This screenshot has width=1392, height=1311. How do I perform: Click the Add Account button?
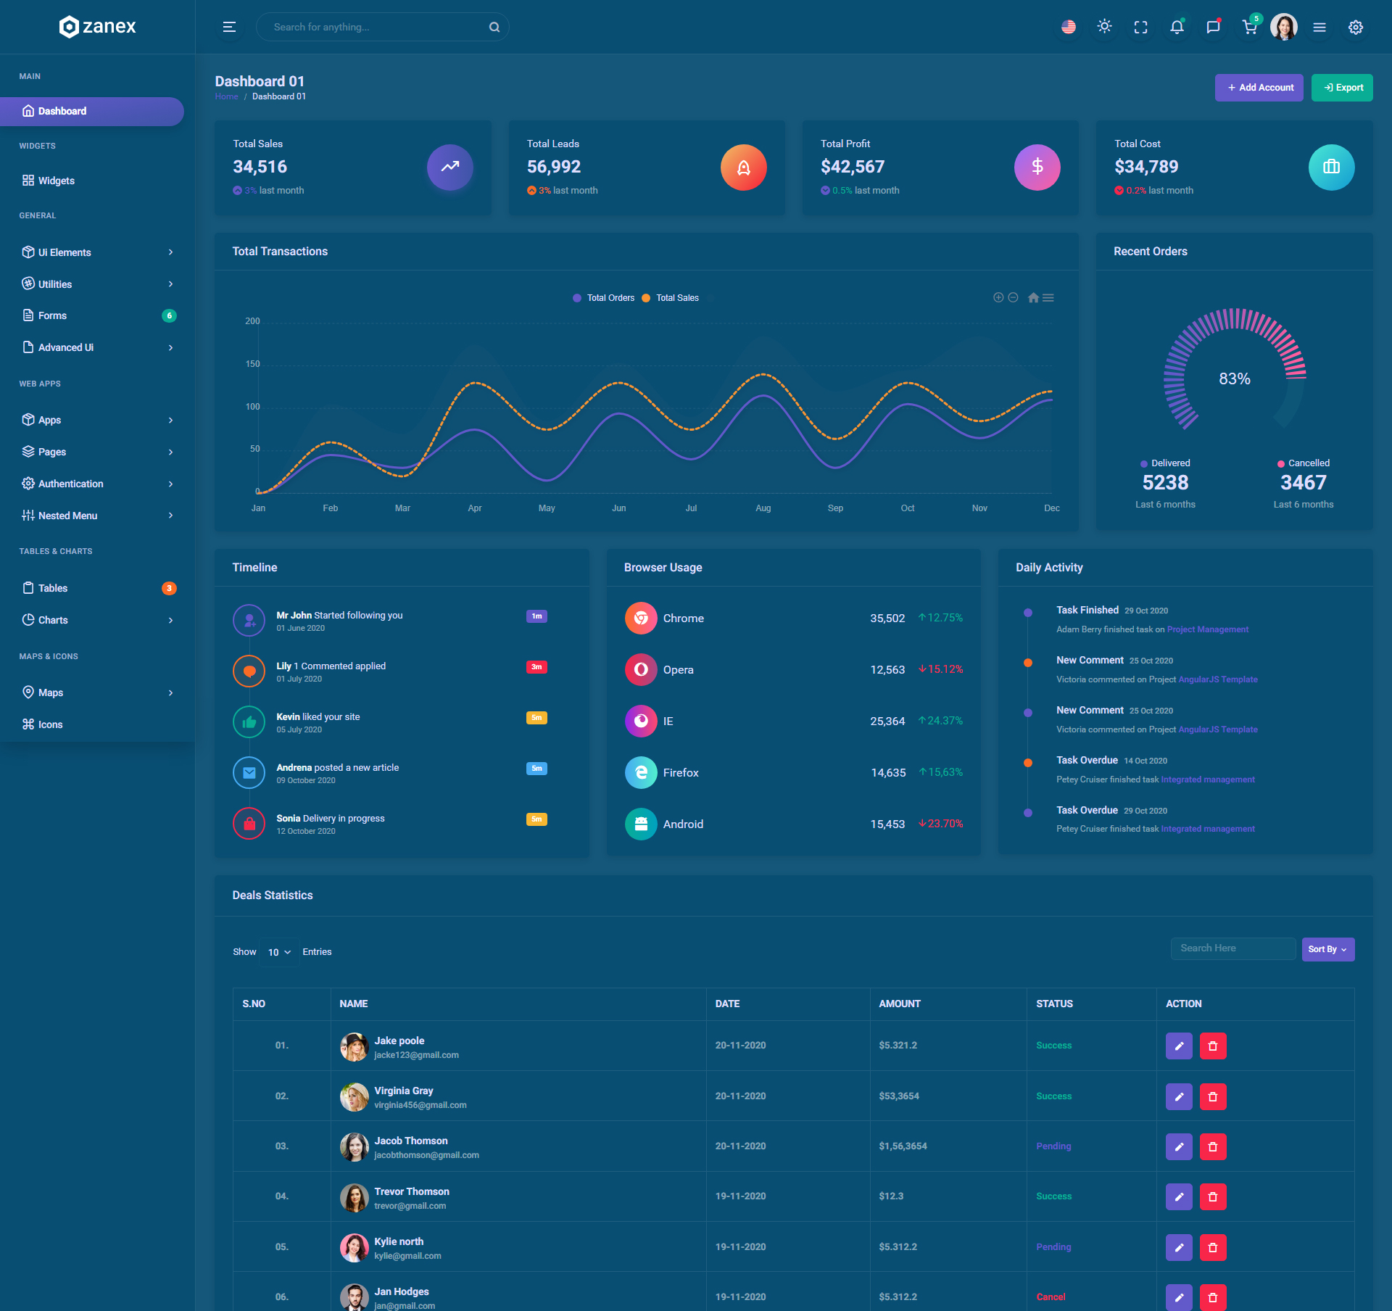1259,88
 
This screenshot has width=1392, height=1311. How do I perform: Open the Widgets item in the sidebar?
56,181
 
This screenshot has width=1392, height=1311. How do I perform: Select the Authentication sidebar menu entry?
70,484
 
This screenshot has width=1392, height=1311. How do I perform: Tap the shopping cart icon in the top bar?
1249,28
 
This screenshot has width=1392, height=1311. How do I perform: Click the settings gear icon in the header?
1355,28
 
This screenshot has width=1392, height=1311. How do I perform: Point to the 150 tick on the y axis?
252,364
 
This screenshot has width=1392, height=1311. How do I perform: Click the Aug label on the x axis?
763,508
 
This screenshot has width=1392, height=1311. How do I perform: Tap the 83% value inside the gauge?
1234,379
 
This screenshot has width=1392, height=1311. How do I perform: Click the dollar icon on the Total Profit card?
1037,168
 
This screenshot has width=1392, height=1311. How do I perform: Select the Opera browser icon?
641,669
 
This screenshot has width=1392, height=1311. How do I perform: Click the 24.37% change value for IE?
940,721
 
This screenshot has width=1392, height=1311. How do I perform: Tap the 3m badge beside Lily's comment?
536,667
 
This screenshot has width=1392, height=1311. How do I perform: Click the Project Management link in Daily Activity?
1208,629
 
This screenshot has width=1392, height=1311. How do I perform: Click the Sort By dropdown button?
1327,949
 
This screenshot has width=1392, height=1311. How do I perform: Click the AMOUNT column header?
900,1004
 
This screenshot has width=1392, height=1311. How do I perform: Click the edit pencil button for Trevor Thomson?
1179,1196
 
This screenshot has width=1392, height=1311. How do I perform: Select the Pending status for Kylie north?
1053,1246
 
